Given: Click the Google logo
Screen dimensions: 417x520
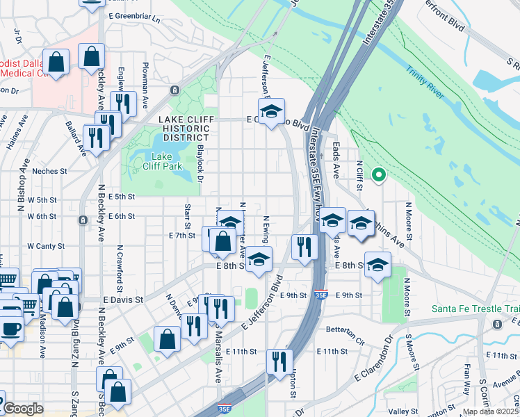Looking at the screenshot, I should coord(23,409).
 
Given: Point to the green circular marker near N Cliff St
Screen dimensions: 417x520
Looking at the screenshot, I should coord(379,175).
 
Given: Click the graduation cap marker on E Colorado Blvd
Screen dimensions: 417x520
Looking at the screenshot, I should coord(272,111).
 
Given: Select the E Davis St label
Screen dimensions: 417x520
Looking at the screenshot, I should coord(125,300).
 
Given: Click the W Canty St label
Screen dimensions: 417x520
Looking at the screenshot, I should coord(46,246).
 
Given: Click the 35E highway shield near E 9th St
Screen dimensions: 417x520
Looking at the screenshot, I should coord(320,295).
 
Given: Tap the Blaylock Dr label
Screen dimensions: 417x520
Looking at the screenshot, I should coord(200,169).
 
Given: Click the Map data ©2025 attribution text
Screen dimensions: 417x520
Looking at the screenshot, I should coord(491,411).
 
